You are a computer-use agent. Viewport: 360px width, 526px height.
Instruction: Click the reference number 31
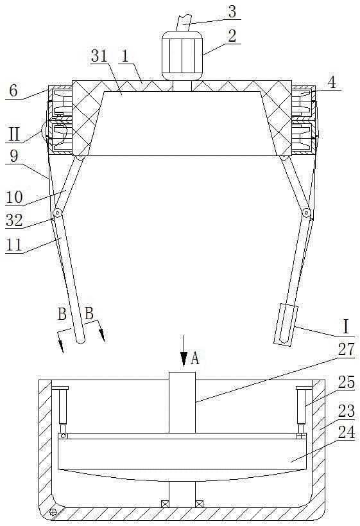pyautogui.click(x=99, y=56)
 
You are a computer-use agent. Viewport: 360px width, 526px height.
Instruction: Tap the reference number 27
pyautogui.click(x=347, y=349)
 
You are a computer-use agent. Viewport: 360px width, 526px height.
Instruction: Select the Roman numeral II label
pyautogui.click(x=14, y=135)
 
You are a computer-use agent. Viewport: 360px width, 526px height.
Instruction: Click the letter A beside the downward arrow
pyautogui.click(x=194, y=358)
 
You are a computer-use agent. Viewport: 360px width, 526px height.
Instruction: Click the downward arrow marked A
pyautogui.click(x=184, y=351)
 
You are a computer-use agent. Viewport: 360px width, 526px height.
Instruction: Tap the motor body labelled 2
pyautogui.click(x=182, y=56)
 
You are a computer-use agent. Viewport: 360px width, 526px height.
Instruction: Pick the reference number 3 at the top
pyautogui.click(x=232, y=11)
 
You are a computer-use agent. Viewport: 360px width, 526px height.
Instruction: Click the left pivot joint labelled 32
pyautogui.click(x=58, y=213)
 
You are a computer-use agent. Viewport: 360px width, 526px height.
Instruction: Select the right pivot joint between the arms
pyautogui.click(x=306, y=213)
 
